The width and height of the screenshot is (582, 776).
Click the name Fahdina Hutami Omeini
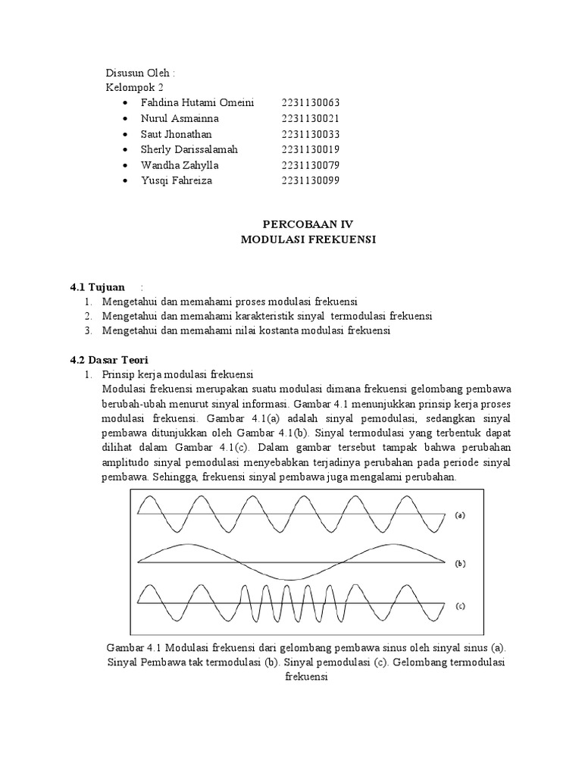click(197, 102)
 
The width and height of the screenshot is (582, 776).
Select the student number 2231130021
click(310, 118)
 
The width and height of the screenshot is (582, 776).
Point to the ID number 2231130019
click(310, 149)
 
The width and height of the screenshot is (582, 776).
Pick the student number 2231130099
click(310, 180)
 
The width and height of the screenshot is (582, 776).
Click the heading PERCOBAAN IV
click(308, 224)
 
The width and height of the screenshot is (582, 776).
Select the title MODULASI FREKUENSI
click(308, 239)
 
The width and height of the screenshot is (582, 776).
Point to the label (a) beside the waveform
click(459, 515)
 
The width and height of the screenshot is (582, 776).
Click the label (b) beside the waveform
click(459, 563)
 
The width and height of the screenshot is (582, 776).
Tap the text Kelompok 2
click(135, 87)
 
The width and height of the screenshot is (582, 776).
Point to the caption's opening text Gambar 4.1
click(133, 649)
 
